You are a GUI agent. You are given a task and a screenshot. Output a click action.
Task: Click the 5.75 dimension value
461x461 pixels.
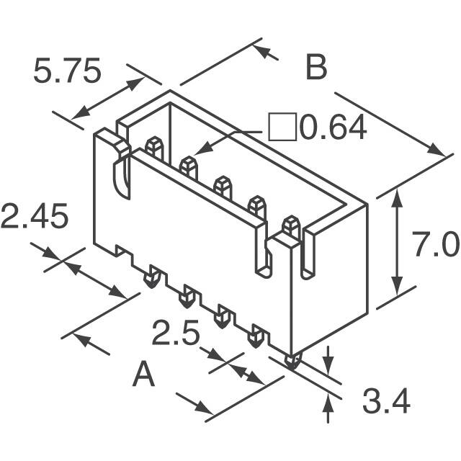click(x=67, y=71)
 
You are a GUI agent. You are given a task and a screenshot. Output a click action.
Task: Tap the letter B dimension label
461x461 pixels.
click(x=316, y=67)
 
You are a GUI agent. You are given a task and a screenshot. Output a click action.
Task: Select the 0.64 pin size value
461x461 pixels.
click(x=333, y=127)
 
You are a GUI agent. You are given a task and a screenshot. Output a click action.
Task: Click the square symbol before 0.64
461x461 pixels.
click(x=282, y=127)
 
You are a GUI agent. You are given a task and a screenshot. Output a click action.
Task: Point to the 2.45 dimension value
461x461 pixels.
click(x=35, y=216)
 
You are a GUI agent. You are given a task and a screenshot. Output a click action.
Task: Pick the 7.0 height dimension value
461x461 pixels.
click(x=435, y=243)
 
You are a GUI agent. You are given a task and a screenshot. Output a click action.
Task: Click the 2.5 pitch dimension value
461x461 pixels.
click(x=176, y=332)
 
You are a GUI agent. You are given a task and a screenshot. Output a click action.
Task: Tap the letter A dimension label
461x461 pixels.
click(x=143, y=374)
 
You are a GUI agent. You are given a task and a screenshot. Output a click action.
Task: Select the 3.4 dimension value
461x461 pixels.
click(x=386, y=400)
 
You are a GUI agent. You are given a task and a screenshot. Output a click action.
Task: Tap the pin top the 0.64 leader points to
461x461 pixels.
click(x=188, y=167)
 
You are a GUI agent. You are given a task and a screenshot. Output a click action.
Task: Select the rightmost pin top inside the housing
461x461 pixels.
click(x=291, y=226)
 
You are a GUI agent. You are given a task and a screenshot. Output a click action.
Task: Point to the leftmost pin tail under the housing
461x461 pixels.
click(x=152, y=277)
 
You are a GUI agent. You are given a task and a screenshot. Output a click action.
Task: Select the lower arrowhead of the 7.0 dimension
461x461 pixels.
click(x=398, y=286)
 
